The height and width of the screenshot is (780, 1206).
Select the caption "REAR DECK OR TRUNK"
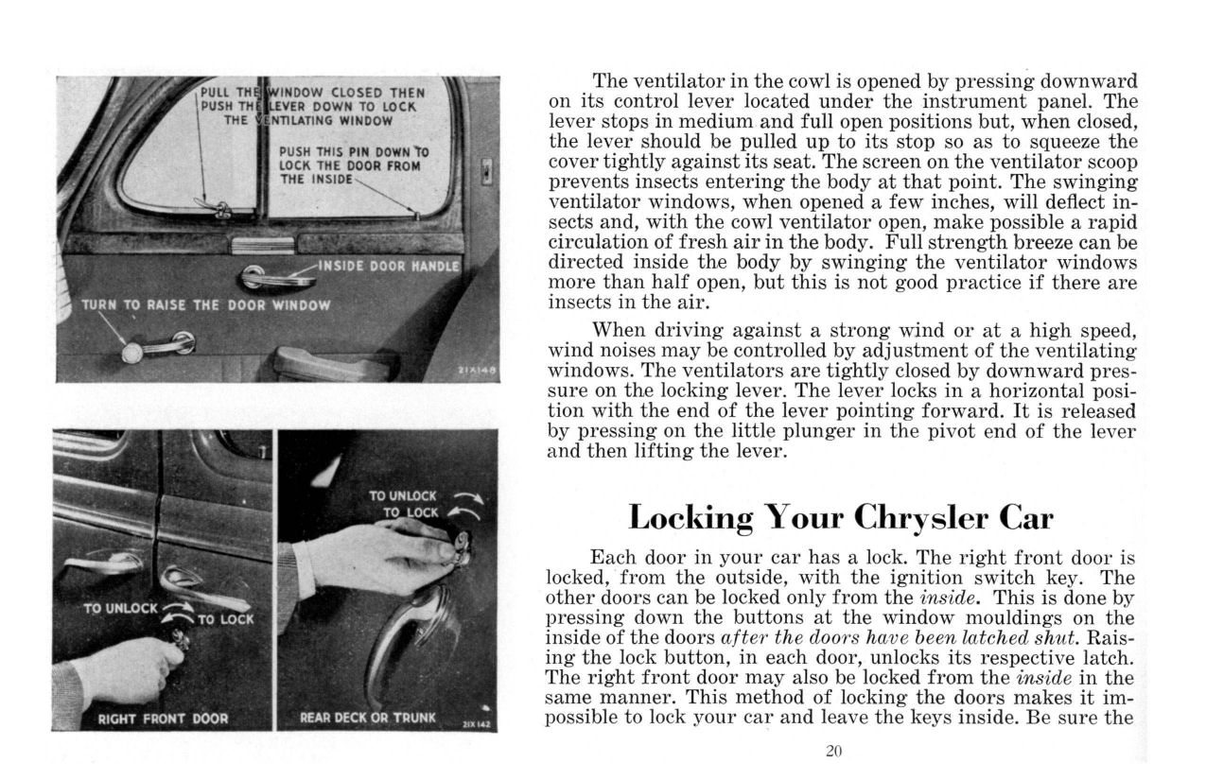[x=368, y=718]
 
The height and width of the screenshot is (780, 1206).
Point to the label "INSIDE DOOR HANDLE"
[x=389, y=266]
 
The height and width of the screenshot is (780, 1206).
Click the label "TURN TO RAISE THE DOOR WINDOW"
[x=205, y=304]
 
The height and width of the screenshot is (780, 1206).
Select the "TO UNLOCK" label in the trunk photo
[x=402, y=495]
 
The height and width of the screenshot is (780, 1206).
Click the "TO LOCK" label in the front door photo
[x=224, y=619]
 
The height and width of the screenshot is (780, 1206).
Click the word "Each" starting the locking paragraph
[x=612, y=557]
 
